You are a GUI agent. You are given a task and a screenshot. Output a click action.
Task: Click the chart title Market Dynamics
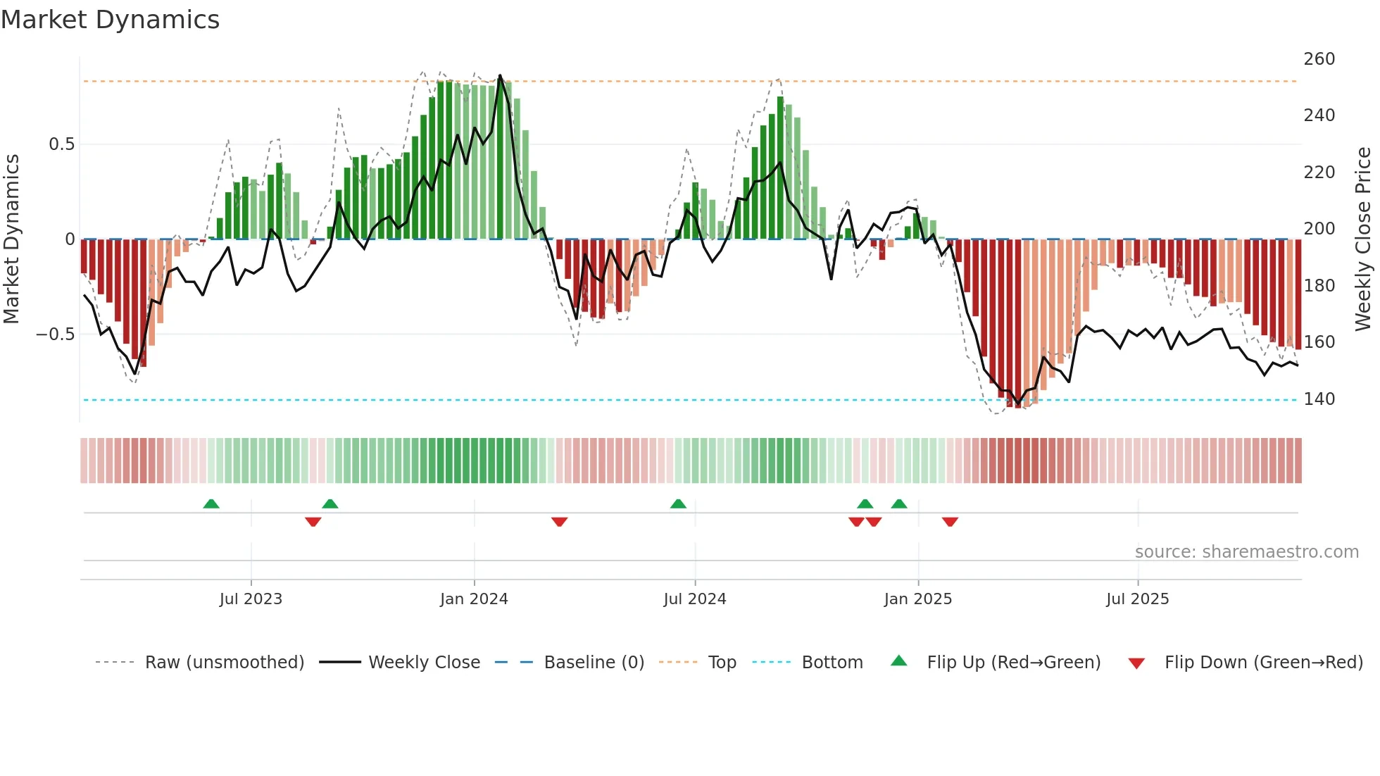pos(110,20)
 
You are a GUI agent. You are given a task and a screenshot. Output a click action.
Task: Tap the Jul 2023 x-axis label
pos(251,599)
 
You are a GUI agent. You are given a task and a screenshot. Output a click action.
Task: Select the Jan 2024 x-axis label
pos(474,599)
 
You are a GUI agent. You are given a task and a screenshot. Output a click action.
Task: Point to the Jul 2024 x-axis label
pos(694,599)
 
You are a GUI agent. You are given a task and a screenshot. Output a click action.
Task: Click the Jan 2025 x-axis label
pos(917,599)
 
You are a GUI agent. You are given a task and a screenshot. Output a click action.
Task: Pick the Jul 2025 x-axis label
pos(1137,599)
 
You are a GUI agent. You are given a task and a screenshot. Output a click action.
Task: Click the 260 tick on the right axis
pos(1319,59)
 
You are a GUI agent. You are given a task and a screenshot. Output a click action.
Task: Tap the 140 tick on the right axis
pos(1319,399)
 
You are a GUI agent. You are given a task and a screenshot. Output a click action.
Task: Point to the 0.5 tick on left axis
pos(61,144)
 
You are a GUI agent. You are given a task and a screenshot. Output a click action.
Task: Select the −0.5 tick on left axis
pos(56,334)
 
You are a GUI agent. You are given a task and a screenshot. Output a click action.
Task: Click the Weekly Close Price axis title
pos(1363,239)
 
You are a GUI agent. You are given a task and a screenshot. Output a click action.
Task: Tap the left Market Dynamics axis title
pos(11,239)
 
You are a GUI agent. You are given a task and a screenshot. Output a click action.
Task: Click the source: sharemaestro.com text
pos(1246,552)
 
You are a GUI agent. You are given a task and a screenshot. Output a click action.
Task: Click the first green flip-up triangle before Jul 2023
pos(211,503)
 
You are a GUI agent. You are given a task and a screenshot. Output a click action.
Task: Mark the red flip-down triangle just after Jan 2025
pos(950,522)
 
